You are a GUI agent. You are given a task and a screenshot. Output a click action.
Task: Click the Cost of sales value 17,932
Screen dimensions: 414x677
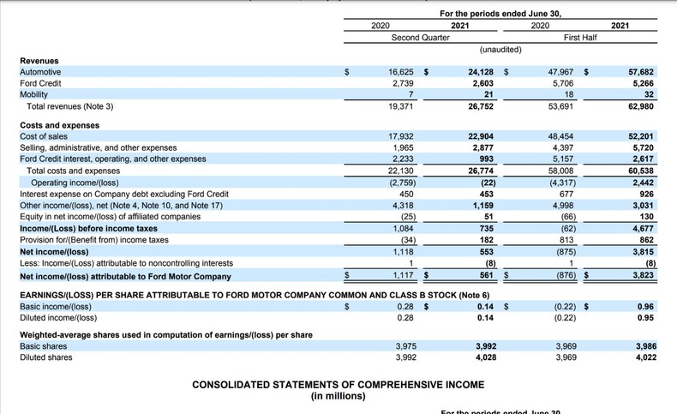[401, 136]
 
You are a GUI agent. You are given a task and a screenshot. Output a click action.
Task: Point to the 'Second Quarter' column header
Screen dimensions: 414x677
[420, 38]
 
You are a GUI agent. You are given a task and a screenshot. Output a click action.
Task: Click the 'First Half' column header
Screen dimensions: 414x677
[580, 38]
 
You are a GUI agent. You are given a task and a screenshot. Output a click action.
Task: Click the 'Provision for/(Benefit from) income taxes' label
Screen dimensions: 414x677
[93, 241]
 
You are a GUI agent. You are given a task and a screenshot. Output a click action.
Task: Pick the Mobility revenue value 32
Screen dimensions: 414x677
[649, 95]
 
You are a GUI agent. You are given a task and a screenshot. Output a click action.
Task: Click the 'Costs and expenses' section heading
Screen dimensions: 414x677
[59, 125]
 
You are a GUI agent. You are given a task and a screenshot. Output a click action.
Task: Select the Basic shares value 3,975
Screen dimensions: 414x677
[404, 346]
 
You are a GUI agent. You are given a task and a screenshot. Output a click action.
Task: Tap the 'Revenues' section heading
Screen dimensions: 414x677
[40, 61]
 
